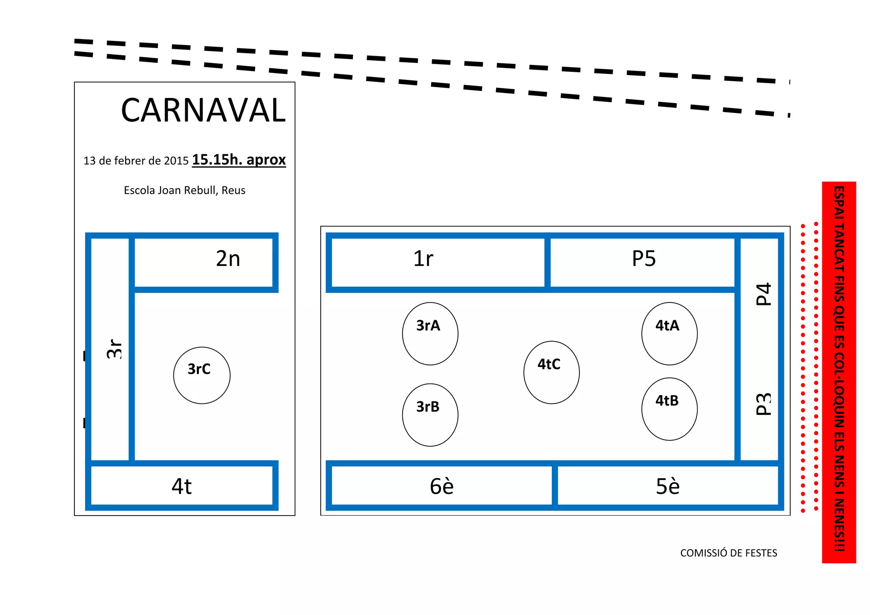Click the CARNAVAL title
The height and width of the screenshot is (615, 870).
(203, 110)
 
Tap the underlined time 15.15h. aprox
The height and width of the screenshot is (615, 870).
(239, 160)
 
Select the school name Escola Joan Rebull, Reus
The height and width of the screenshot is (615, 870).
(184, 190)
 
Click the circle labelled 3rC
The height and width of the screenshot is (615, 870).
(202, 375)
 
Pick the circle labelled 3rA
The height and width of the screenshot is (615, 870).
(430, 333)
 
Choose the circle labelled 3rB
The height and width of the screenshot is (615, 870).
(430, 415)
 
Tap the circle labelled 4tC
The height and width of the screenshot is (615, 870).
(551, 372)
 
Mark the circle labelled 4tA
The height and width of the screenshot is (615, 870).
(669, 333)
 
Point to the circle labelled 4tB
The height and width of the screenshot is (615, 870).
(669, 409)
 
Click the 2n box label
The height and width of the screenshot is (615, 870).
(228, 259)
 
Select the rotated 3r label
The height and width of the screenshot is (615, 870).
(114, 349)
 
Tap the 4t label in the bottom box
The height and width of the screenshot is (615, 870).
(182, 486)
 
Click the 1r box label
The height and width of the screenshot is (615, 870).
(423, 259)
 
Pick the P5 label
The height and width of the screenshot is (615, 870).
(644, 259)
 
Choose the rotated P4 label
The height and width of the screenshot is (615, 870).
(763, 294)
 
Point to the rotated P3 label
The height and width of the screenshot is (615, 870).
(763, 404)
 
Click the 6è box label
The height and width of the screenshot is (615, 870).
(441, 486)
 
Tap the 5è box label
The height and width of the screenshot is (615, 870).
(667, 486)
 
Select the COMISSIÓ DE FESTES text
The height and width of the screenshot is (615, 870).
(729, 553)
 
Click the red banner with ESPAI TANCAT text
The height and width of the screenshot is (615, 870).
(839, 372)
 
